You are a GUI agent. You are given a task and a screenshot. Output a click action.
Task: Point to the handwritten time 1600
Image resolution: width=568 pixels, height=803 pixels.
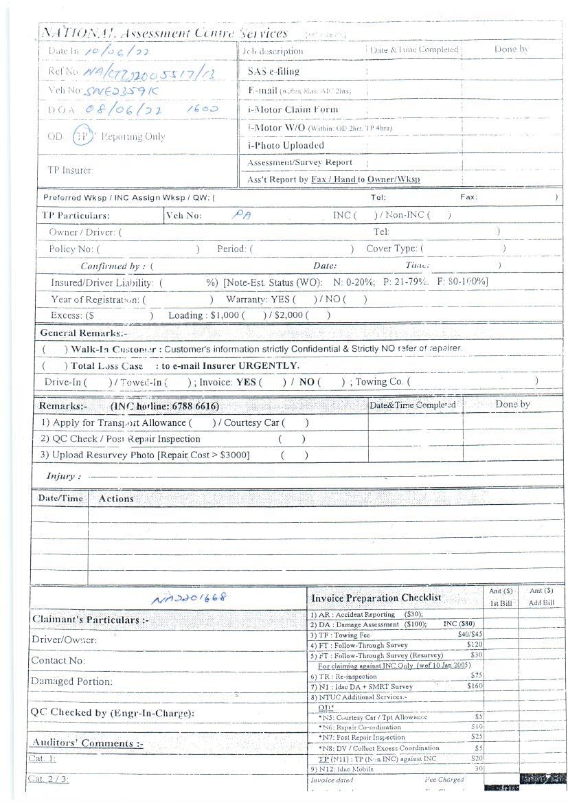[x=203, y=109]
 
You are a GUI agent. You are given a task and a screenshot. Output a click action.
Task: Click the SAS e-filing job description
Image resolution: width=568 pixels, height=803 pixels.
[x=273, y=71]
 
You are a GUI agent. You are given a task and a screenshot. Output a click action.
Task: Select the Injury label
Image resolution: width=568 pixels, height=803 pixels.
[x=63, y=476]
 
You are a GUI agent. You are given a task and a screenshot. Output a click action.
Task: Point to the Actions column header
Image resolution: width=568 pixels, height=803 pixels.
[x=116, y=499]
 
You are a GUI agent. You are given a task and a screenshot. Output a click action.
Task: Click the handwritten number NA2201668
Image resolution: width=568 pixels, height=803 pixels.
[x=190, y=598]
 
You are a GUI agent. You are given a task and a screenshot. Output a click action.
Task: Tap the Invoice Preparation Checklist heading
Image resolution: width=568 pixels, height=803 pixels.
[x=376, y=598]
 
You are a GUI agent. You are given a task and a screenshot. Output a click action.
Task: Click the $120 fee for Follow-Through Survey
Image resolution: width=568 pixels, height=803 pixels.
[x=475, y=645]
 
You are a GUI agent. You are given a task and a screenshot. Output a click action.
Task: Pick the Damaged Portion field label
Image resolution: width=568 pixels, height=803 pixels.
[x=71, y=681]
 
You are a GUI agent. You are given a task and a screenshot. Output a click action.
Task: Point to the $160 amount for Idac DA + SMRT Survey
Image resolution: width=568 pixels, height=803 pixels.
[x=475, y=686]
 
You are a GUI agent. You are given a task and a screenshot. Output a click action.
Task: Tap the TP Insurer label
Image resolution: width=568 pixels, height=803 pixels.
[x=70, y=170]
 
